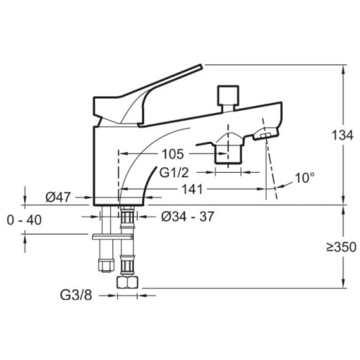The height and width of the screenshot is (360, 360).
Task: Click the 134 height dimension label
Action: pos(342,135)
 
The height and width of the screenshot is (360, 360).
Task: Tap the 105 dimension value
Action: pos(173,154)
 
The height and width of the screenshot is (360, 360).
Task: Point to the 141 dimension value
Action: pos(192,189)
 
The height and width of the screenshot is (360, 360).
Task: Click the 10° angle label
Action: pos(305,178)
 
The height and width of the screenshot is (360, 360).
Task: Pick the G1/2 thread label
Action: pos(174,172)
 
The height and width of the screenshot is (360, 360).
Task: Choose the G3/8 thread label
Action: pos(76,295)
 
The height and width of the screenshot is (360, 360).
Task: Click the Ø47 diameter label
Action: pos(58,197)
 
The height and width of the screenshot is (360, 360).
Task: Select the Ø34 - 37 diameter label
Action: pos(187,217)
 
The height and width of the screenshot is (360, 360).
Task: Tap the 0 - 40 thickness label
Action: pos(24,220)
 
